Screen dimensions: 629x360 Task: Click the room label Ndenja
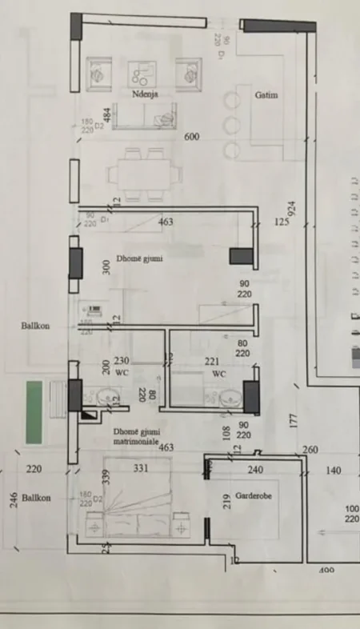coord(146,94)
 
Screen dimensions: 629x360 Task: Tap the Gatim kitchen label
coord(266,94)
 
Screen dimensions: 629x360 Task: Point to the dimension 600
coord(192,137)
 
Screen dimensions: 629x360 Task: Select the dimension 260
coord(311,451)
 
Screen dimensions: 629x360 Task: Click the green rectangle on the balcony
coord(34,412)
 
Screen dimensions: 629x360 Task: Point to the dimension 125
coord(281,222)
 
